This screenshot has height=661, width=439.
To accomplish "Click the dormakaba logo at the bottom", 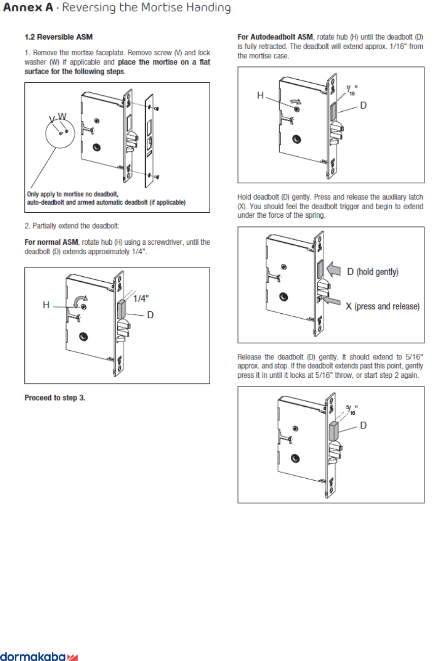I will pyautogui.click(x=39, y=656).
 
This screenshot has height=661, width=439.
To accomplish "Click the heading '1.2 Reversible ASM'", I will pyautogui.click(x=58, y=37).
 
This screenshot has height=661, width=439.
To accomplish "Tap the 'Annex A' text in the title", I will pyautogui.click(x=28, y=8).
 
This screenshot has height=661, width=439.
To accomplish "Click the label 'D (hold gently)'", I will pyautogui.click(x=373, y=272).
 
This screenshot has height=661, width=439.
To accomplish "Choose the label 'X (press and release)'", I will pyautogui.click(x=382, y=306).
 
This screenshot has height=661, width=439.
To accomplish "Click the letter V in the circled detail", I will pyautogui.click(x=52, y=119).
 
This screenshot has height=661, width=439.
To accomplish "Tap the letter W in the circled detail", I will pyautogui.click(x=62, y=116).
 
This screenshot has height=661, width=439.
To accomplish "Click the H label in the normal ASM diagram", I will pyautogui.click(x=46, y=305).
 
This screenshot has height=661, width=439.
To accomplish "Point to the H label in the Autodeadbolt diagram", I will pyautogui.click(x=260, y=95).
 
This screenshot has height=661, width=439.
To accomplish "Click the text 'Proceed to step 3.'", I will pyautogui.click(x=55, y=398).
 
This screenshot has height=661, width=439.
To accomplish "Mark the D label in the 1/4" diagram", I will pyautogui.click(x=150, y=315).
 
